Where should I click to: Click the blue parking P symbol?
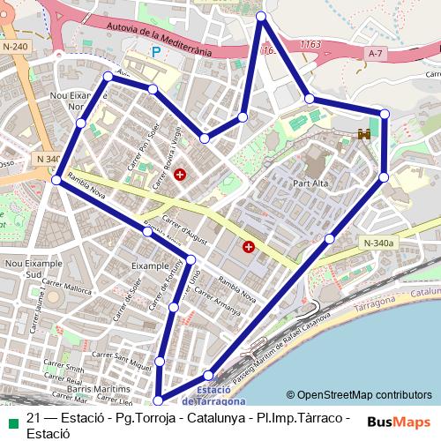tap(157, 52)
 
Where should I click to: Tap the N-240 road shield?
tap(16, 46)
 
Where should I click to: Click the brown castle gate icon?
tap(363, 134)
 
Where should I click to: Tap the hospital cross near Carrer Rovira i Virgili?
tap(181, 175)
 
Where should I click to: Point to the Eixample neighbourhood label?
tap(148, 263)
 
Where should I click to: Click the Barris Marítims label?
tap(74, 386)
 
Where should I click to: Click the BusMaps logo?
tap(400, 422)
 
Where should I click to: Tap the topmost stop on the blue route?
tap(261, 17)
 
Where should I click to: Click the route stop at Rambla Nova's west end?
tap(56, 180)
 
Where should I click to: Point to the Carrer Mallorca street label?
tap(71, 288)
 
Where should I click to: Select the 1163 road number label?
tap(310, 42)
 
